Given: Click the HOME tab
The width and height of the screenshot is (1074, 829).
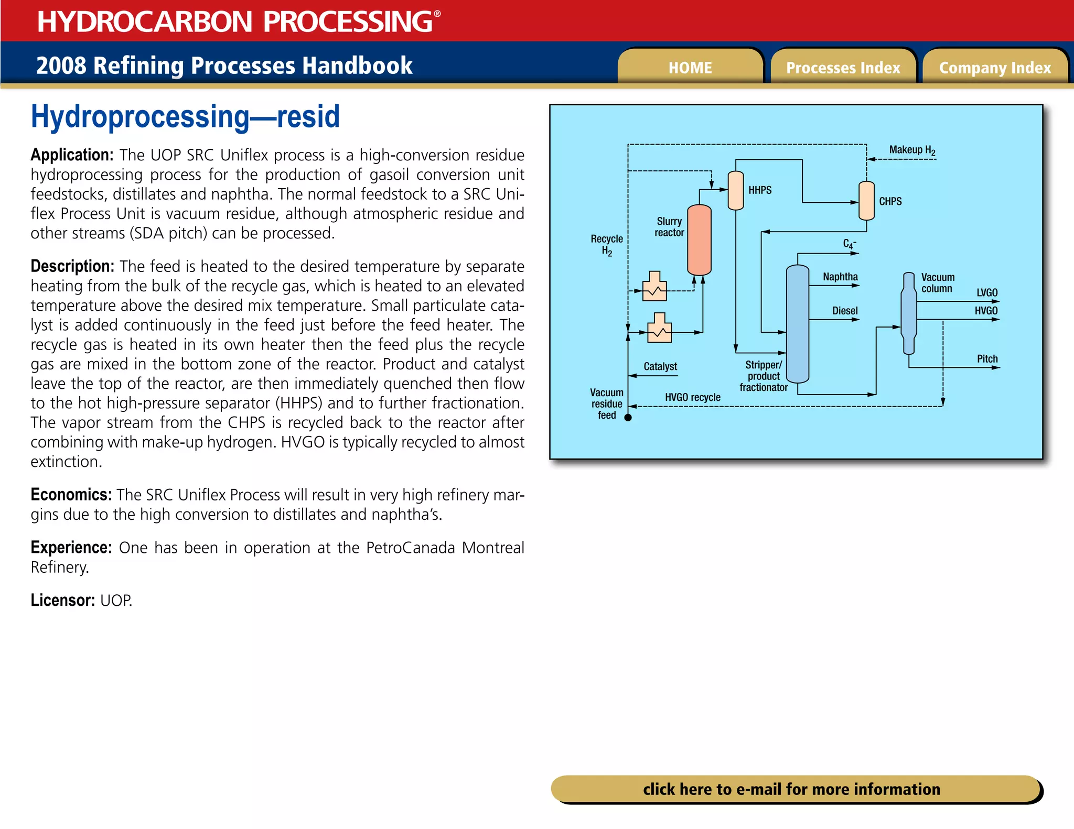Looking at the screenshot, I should click(690, 68).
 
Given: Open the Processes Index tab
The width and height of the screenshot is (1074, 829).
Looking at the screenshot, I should click(843, 68).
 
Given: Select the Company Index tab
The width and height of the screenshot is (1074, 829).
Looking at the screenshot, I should click(995, 68).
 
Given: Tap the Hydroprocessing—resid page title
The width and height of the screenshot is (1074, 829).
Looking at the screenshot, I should click(185, 116).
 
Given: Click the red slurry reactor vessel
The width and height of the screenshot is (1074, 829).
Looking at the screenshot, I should click(699, 239).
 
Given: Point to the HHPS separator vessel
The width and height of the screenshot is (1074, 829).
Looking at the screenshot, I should click(736, 190).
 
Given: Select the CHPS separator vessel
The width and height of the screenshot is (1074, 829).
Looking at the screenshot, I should click(866, 201).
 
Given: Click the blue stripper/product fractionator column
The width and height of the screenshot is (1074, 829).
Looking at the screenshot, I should click(797, 323).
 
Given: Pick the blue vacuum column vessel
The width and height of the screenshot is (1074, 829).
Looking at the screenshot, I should click(909, 313).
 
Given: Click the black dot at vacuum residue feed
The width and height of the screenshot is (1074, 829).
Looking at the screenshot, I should click(628, 418).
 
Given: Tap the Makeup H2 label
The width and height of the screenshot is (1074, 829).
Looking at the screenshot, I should click(912, 150).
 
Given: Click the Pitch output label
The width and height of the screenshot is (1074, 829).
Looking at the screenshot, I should click(987, 359).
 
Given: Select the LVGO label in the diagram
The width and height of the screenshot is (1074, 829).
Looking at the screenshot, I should click(986, 292).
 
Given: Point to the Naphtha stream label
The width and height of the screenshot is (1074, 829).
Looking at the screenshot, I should click(840, 277).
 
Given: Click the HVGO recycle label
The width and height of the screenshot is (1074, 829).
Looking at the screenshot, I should click(692, 397).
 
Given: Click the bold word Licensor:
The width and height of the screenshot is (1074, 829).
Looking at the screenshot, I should click(62, 600).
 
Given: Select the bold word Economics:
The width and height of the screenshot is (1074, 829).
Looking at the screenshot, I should click(71, 495).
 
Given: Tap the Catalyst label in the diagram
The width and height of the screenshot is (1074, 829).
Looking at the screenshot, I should click(660, 366).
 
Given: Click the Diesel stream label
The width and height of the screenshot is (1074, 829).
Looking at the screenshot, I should click(844, 311).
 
